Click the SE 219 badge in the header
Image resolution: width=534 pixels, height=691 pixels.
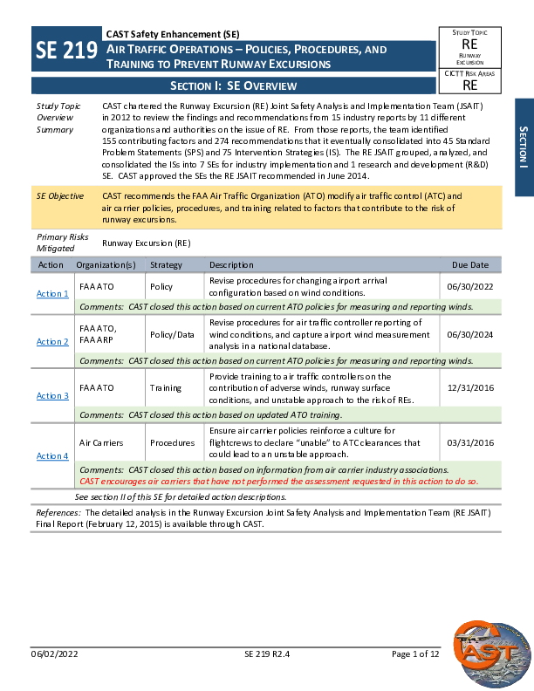point(66,51)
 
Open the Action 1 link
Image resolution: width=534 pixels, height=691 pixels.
point(52,294)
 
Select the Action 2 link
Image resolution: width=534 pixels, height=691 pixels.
point(52,342)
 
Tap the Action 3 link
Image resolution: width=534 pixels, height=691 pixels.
point(52,396)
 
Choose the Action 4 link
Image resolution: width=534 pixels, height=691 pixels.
point(52,455)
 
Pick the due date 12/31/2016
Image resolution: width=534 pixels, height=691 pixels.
point(469,387)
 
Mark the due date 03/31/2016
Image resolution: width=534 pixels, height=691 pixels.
point(469,443)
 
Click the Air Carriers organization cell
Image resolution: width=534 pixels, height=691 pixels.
point(102,443)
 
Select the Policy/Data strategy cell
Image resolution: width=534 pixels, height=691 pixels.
point(173,334)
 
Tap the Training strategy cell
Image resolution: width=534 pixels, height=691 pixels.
point(166,387)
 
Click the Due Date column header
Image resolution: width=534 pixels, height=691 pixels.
point(470,264)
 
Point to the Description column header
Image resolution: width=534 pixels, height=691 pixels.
point(231,264)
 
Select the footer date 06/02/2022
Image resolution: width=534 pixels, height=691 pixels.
point(55,654)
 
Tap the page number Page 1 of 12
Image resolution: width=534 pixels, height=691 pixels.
point(416,654)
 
